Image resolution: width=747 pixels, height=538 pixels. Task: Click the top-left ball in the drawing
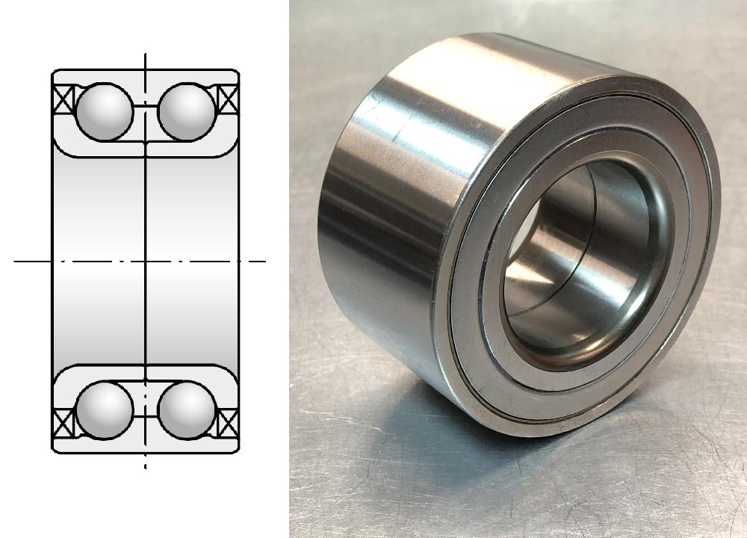pos(105,111)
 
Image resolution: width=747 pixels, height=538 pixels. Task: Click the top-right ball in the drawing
pos(187,111)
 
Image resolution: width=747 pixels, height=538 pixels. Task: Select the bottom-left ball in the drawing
pos(105,409)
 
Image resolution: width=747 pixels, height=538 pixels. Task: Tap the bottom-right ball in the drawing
pos(187,409)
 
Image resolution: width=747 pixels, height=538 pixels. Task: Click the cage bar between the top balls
pos(146,111)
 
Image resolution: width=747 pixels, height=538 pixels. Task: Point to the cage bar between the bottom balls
pos(146,409)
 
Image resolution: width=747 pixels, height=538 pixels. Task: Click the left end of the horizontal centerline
pos(16,262)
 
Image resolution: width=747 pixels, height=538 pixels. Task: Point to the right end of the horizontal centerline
pos(264,262)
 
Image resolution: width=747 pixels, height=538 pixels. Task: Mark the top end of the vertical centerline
pos(146,55)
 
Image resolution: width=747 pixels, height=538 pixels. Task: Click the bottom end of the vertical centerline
pos(146,466)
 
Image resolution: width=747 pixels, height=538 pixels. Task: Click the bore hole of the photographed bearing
pos(575,262)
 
